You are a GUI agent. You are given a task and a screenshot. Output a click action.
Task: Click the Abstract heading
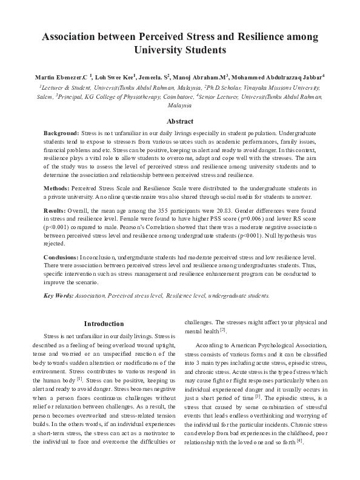tap(180, 121)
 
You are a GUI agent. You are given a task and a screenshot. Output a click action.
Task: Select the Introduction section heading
tap(104, 324)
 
